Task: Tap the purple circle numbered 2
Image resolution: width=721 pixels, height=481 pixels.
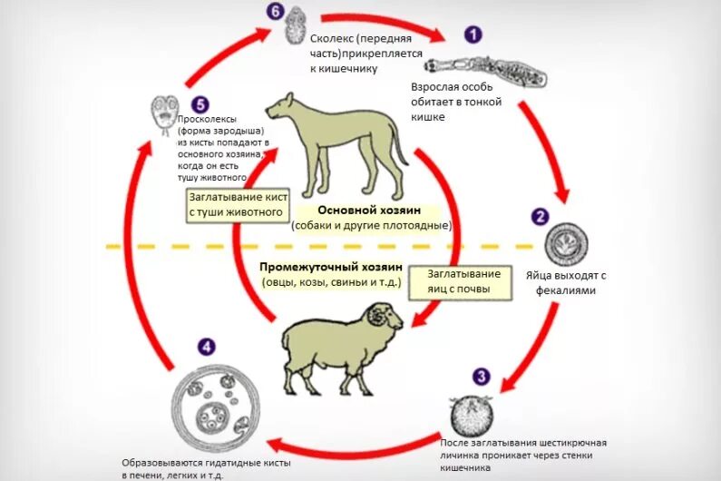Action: point(541,217)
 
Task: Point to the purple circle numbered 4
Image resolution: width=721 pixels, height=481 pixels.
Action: point(208,346)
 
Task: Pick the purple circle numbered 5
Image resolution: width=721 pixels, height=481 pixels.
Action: point(200,105)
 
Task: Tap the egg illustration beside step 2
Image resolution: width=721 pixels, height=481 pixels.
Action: point(565,244)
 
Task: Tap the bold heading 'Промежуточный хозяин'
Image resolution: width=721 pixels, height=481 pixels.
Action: point(330,267)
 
